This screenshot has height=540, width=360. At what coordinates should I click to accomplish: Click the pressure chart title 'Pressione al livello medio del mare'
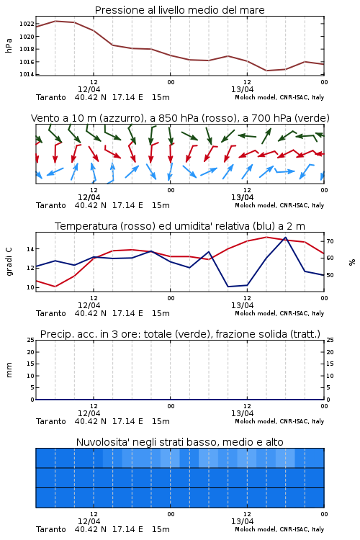tap(179, 10)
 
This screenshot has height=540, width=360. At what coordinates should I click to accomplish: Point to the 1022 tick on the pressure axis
tap(27, 24)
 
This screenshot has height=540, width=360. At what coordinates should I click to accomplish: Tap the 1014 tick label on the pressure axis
tap(27, 74)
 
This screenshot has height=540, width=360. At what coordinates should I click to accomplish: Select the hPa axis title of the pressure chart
tap(9, 45)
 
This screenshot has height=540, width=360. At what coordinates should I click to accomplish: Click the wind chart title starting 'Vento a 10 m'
tap(180, 118)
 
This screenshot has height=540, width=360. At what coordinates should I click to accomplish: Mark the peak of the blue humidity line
tap(285, 238)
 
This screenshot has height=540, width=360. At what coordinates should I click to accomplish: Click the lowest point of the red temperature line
tap(55, 287)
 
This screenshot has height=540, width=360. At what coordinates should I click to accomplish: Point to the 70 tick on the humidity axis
tap(330, 241)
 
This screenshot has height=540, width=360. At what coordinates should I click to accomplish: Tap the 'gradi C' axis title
tap(9, 261)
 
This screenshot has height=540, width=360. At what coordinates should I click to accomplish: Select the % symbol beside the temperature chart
tap(352, 262)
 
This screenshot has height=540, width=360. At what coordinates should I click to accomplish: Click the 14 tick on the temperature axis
tap(30, 249)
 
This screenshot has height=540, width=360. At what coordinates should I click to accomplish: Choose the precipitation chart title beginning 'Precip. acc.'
tap(180, 334)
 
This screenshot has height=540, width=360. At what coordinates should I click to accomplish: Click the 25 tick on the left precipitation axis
tap(31, 340)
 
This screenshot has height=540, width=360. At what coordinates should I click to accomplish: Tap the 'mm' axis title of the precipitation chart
tap(9, 370)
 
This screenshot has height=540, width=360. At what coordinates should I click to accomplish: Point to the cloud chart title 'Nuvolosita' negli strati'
tap(179, 442)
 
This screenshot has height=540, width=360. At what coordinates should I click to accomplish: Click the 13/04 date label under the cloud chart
tap(242, 521)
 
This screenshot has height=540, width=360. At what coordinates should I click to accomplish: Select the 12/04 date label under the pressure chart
tap(89, 89)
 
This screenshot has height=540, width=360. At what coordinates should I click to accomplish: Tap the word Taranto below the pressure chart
tap(50, 97)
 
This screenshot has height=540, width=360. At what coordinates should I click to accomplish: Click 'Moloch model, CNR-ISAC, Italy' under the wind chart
tap(279, 206)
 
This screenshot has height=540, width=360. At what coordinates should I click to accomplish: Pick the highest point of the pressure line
tap(55, 21)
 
